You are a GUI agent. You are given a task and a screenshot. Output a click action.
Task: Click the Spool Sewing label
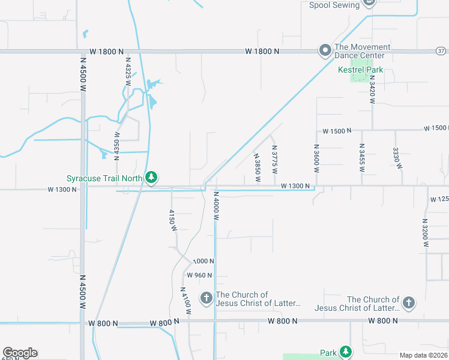[334, 5]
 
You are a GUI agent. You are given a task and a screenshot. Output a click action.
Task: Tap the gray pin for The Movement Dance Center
[325, 50]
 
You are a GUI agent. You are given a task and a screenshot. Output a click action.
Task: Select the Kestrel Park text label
[360, 70]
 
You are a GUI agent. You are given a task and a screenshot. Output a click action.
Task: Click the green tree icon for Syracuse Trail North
[152, 177]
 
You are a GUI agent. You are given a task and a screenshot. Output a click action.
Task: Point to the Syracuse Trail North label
[104, 178]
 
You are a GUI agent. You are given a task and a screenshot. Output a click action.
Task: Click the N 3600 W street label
[316, 158]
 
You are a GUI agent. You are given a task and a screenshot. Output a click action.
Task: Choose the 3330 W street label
[396, 157]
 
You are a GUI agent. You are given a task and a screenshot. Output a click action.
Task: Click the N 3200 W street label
[425, 232]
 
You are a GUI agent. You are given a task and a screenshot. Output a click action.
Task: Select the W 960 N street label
[199, 275]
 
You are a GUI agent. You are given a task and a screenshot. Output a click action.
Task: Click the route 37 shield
[441, 51]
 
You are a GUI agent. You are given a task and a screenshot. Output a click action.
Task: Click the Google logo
[20, 352]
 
